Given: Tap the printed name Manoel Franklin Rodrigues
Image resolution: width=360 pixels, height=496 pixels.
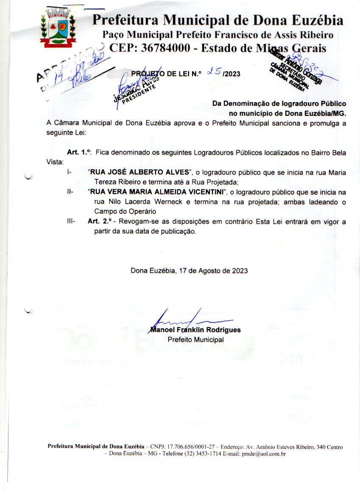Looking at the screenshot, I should click(x=195, y=330).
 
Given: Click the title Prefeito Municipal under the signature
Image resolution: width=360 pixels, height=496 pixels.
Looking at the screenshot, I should click(x=195, y=339).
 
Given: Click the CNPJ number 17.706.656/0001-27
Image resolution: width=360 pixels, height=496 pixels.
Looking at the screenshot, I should click(x=184, y=447).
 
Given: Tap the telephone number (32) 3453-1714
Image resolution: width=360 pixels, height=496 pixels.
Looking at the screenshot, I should click(x=201, y=454).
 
